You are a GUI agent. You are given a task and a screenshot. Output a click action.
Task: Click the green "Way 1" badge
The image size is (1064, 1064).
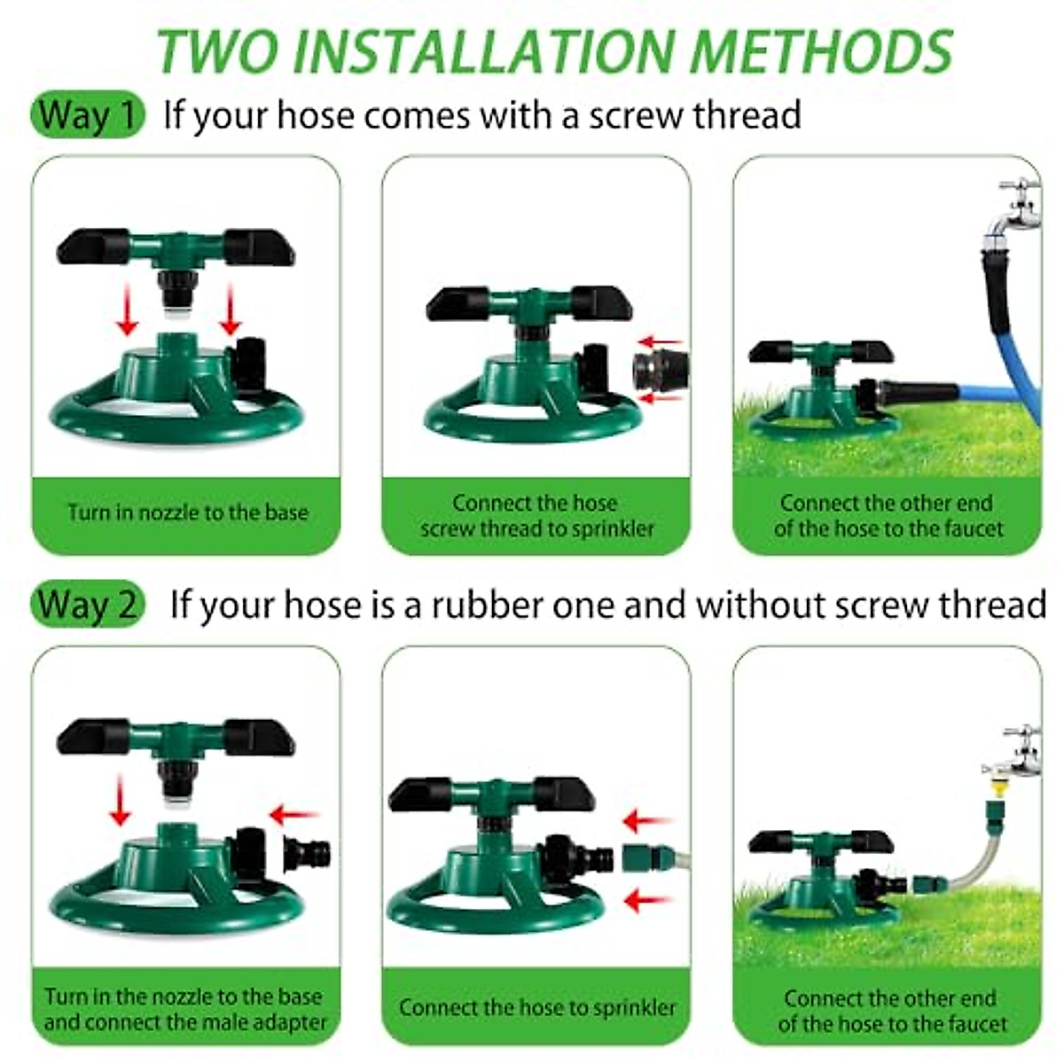click(x=87, y=115)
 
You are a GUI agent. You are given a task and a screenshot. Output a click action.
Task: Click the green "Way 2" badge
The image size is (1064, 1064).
click(x=87, y=606)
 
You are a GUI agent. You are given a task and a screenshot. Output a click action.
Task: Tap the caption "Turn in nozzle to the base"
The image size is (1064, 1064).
click(x=187, y=512)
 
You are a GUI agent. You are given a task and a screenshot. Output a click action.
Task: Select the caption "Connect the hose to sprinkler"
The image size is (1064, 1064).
click(x=536, y=1007)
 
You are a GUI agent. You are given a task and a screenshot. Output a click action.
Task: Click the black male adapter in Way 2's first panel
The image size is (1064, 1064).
click(x=307, y=854)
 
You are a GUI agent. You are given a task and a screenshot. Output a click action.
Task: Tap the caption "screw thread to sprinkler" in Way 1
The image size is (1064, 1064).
click(x=536, y=529)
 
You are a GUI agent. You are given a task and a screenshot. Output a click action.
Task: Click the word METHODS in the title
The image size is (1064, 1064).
click(x=820, y=51)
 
